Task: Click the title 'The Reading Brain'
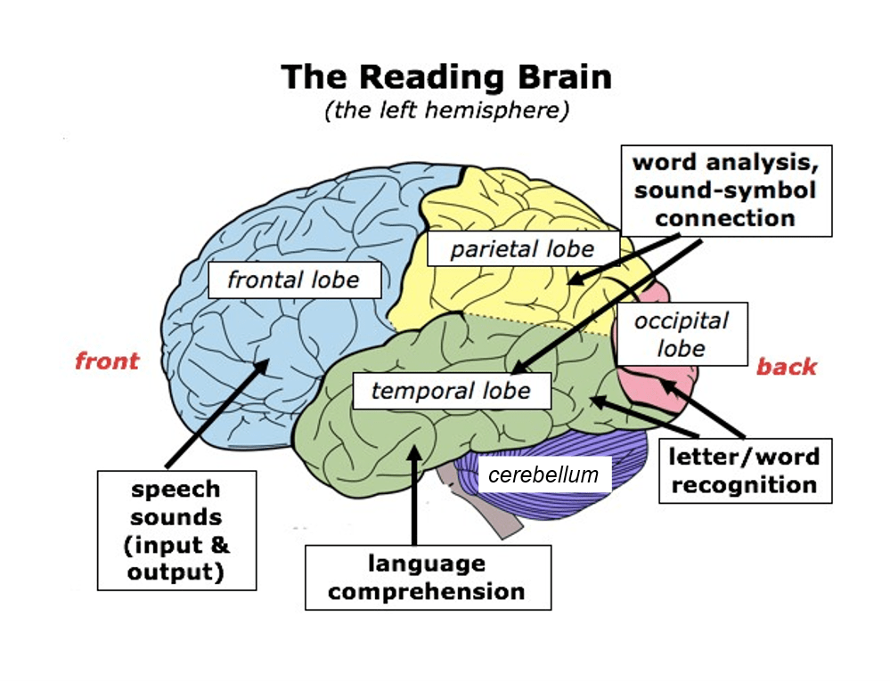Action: (446, 77)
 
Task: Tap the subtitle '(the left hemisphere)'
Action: (446, 112)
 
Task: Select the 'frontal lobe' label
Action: (293, 280)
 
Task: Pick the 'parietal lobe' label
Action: (522, 248)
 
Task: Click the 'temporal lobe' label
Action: (451, 390)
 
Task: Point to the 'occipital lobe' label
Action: (682, 334)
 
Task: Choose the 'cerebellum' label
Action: (543, 474)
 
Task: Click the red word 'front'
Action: (107, 361)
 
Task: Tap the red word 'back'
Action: (787, 367)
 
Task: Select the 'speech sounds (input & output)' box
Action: (176, 530)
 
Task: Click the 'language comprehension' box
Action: (428, 577)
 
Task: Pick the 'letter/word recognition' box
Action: (745, 471)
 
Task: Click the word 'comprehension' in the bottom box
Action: (428, 591)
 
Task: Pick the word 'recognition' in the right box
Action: (745, 485)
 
